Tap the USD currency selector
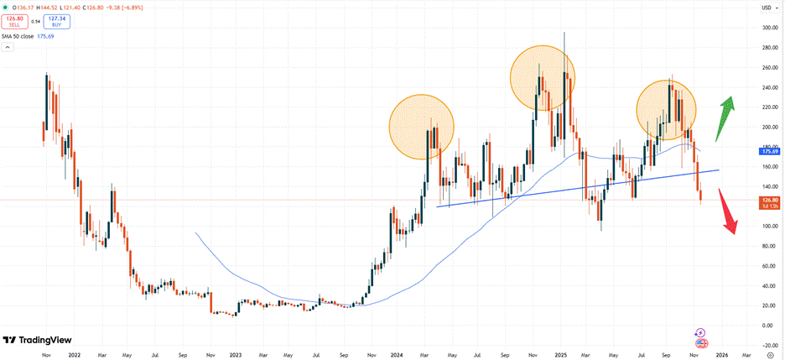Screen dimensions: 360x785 (x=765, y=8)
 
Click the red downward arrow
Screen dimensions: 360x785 (x=728, y=212)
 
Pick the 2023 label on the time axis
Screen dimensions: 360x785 (x=236, y=355)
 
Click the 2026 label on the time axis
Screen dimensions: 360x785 (x=720, y=355)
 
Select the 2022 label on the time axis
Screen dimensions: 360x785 (x=75, y=355)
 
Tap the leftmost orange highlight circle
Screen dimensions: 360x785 (x=421, y=127)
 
